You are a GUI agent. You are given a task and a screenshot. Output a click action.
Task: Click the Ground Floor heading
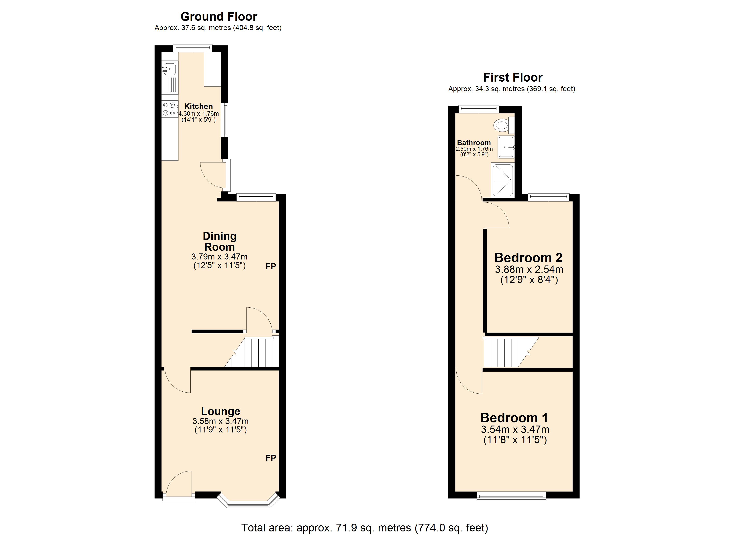click(x=219, y=16)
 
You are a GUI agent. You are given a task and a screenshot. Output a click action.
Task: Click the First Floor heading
click(x=513, y=78)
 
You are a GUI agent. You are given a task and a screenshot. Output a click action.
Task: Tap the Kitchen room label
click(x=198, y=106)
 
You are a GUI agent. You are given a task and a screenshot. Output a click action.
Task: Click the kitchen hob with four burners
click(x=169, y=109)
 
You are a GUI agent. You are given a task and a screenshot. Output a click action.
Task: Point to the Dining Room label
click(x=219, y=241)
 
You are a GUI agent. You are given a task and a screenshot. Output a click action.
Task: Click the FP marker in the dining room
click(x=271, y=266)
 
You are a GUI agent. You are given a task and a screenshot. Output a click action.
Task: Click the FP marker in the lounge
click(x=271, y=458)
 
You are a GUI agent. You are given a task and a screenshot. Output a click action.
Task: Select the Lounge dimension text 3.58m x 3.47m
click(x=220, y=421)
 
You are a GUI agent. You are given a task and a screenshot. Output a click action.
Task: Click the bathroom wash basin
click(x=506, y=147)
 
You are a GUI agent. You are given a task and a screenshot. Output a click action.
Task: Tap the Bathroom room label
click(x=474, y=143)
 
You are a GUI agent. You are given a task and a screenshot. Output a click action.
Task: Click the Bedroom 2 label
click(x=528, y=258)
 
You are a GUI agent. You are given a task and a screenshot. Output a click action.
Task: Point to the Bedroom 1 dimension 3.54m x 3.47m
click(x=515, y=430)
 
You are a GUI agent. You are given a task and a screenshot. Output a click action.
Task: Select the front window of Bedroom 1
click(x=511, y=495)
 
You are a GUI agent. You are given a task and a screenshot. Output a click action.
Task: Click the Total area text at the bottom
click(x=365, y=528)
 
